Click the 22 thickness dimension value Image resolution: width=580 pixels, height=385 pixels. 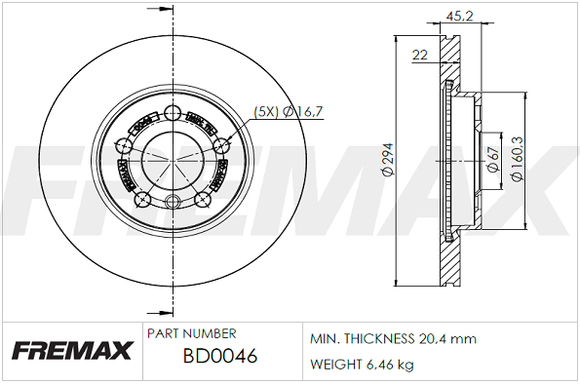pyautogui.click(x=420, y=55)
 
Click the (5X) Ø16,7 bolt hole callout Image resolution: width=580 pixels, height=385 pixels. pyautogui.click(x=288, y=112)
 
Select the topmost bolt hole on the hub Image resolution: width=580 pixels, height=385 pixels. pyautogui.click(x=174, y=112)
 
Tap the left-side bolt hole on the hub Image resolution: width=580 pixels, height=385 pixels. pyautogui.click(x=124, y=146)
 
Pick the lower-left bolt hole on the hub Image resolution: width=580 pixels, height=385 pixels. pyautogui.click(x=142, y=200)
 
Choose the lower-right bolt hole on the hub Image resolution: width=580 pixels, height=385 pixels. pyautogui.click(x=204, y=200)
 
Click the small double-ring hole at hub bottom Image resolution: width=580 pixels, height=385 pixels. pyautogui.click(x=174, y=203)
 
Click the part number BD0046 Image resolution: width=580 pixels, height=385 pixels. pyautogui.click(x=220, y=358)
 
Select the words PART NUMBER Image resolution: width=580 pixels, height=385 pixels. pyautogui.click(x=191, y=333)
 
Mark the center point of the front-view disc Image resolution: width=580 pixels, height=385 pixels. pyautogui.click(x=174, y=159)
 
